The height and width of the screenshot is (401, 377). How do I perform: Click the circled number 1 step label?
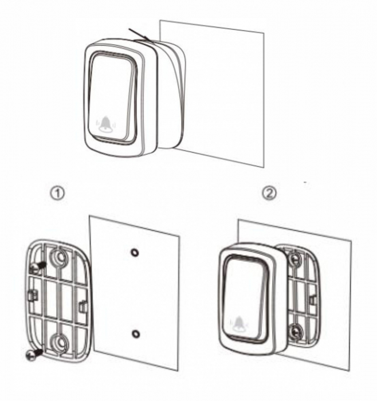point(57,194)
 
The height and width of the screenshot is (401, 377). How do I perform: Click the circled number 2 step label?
point(270,193)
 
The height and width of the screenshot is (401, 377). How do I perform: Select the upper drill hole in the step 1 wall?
point(135,253)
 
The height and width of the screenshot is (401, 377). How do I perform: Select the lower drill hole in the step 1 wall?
point(136,334)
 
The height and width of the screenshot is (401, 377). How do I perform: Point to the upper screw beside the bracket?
point(37,267)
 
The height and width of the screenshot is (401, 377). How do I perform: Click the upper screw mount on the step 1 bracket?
point(59,257)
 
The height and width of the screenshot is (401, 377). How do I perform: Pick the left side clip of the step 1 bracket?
point(32,296)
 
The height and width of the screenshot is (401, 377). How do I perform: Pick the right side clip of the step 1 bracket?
point(83,306)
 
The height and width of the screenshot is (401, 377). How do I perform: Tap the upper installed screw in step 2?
point(294,259)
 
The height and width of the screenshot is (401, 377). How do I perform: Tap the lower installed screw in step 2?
point(296,332)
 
